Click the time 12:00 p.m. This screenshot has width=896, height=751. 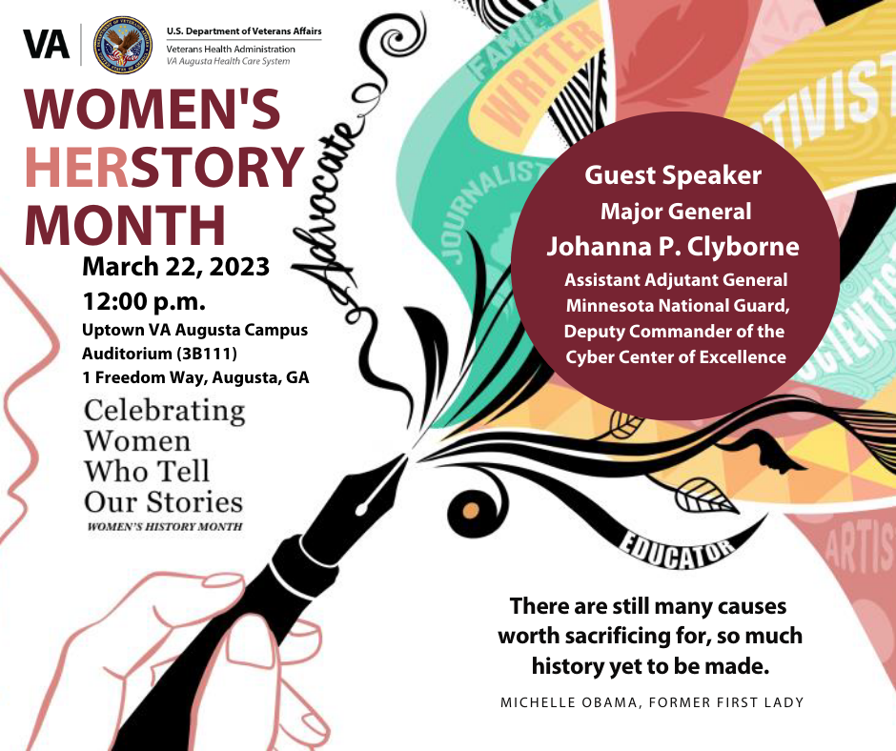[144, 302]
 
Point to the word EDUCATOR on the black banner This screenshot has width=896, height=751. [679, 550]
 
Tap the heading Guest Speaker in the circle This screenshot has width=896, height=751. [673, 175]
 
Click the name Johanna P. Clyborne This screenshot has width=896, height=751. [673, 245]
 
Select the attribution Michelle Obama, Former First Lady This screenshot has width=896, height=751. [652, 702]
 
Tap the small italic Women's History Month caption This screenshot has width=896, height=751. [164, 526]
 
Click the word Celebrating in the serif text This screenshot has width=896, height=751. [164, 412]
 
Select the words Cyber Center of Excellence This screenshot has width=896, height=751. [675, 356]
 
